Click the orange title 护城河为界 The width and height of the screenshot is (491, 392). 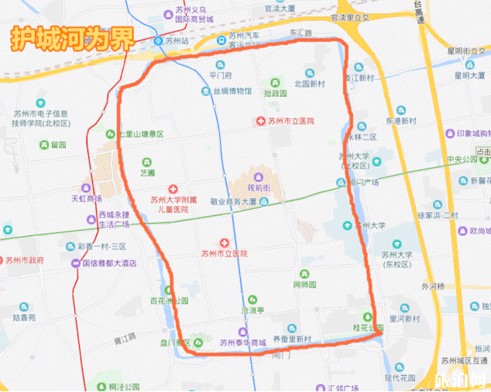pyautogui.click(x=72, y=39)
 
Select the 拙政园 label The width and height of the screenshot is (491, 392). pyautogui.click(x=275, y=93)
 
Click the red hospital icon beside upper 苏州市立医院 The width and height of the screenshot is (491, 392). pyautogui.click(x=261, y=122)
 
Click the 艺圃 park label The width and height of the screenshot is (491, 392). pyautogui.click(x=147, y=172)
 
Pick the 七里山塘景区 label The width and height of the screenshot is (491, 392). pyautogui.click(x=141, y=134)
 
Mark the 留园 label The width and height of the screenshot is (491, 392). pyautogui.click(x=58, y=145)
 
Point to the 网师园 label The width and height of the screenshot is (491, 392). pyautogui.click(x=307, y=285)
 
